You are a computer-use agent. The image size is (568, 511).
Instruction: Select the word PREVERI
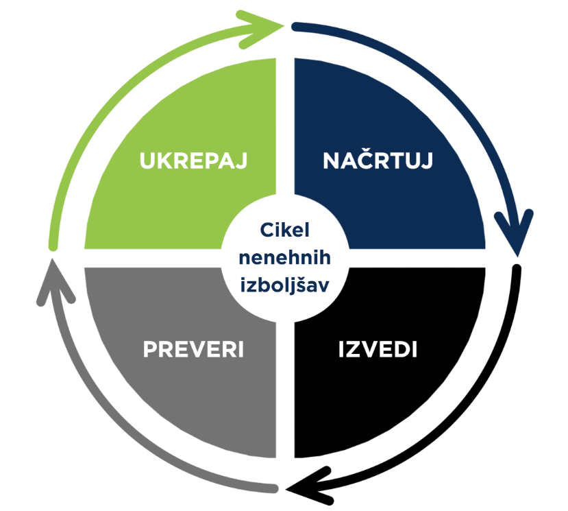click(x=193, y=348)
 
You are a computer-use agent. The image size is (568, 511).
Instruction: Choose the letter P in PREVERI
click(x=150, y=348)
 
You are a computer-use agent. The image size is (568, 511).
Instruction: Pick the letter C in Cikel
click(x=264, y=229)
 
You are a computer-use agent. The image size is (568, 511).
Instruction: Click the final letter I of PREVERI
click(x=241, y=348)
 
